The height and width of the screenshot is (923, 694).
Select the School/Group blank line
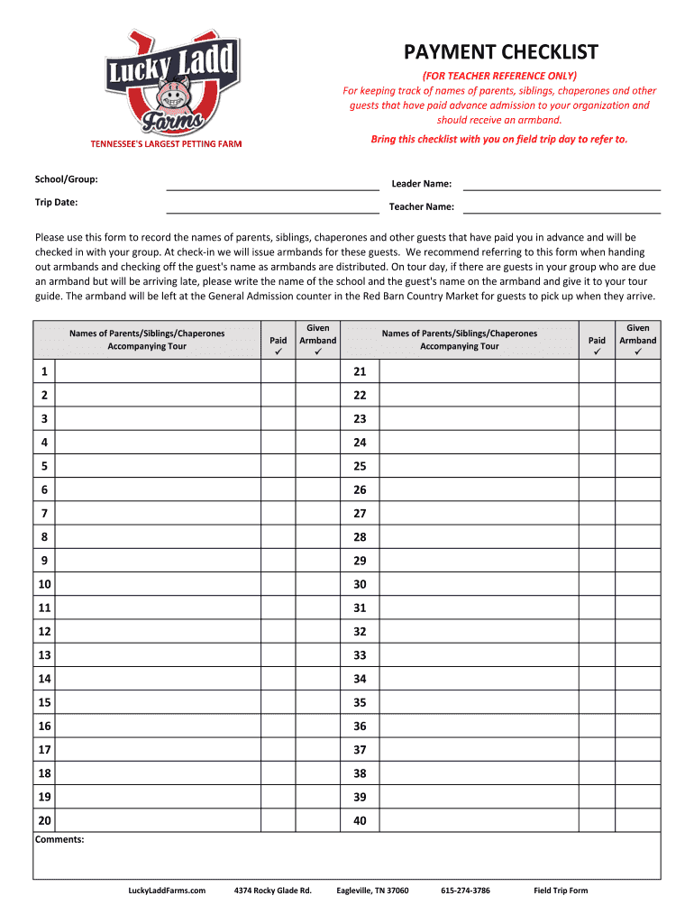pos(272,187)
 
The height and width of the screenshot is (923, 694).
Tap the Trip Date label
pos(56,203)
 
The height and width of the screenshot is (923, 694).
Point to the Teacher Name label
pos(421,207)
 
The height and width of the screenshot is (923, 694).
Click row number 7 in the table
pos(43,513)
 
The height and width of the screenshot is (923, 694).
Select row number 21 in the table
pos(361,372)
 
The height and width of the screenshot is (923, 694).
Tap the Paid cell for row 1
pos(279,372)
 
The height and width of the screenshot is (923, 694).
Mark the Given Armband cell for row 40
pos(638,820)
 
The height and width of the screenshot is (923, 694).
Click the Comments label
pos(60,840)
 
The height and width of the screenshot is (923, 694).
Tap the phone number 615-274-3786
pos(465,891)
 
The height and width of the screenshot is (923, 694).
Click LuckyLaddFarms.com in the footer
pos(168,891)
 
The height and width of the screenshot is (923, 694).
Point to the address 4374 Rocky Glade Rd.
pos(272,891)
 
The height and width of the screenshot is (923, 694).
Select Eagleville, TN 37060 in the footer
pos(372,891)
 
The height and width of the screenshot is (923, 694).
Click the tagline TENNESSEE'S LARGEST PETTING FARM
pos(165,144)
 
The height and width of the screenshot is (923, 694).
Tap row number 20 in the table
pos(45,820)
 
